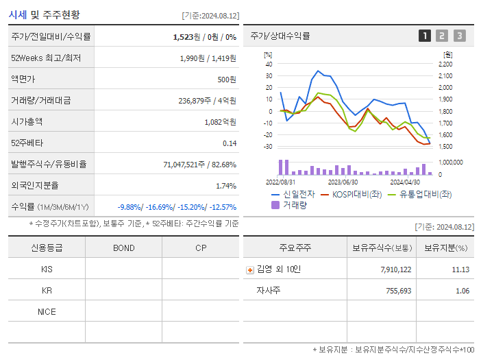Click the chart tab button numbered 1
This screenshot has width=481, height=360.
425,36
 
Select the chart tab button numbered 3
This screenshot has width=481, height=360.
459,36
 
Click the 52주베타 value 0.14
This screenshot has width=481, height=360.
229,143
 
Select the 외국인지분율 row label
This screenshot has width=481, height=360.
35,185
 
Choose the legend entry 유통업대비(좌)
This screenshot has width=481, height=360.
425,194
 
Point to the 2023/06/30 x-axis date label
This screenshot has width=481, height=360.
343,182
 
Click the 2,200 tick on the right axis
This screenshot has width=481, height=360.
445,64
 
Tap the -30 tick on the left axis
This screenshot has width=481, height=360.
268,147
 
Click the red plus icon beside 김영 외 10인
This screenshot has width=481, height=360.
250,269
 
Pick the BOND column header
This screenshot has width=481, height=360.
123,248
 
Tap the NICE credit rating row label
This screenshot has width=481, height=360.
47,311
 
